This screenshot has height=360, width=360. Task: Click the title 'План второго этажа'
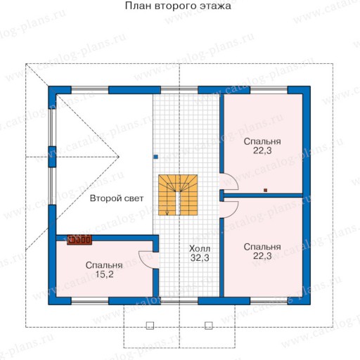point(178,6)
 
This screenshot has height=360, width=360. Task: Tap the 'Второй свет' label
point(117,198)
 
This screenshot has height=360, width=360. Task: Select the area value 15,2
point(104,274)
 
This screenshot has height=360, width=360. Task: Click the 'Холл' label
point(200,248)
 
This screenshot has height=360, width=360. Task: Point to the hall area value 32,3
point(200,258)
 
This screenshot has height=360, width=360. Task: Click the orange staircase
point(178,195)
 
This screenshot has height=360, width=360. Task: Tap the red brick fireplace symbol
point(79,240)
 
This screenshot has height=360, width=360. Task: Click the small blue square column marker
point(156,157)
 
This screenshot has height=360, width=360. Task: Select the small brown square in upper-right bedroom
point(265,190)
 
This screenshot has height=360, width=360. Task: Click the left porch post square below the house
point(150,326)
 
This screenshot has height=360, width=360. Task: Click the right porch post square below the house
point(209,326)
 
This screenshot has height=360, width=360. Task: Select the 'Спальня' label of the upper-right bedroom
point(262,141)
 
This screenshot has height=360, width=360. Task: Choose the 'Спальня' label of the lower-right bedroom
point(262,247)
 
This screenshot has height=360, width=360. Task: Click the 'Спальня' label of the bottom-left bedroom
point(104,265)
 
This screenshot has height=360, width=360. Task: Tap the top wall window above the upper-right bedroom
point(269,90)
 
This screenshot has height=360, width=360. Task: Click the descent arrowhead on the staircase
point(167,213)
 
